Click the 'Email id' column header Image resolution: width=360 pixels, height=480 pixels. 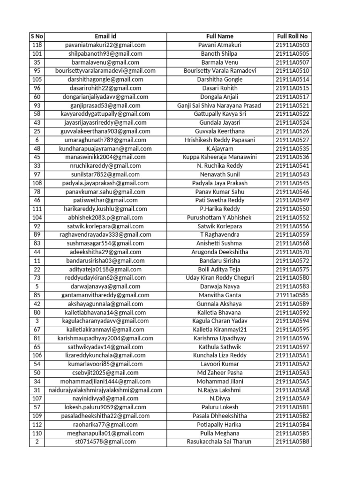pyautogui.click(x=105, y=37)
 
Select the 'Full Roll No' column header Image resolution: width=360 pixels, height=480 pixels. pyautogui.click(x=292, y=37)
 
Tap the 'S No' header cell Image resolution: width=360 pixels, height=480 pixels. pyautogui.click(x=37, y=37)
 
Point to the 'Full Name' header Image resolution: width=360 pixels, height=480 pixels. pyautogui.click(x=219, y=37)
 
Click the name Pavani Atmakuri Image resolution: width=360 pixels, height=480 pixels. pyautogui.click(x=219, y=45)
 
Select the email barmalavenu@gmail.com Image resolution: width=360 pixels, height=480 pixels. pyautogui.click(x=105, y=62)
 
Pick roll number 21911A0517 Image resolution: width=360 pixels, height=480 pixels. pyautogui.click(x=292, y=97)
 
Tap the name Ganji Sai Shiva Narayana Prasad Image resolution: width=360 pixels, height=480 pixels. pyautogui.click(x=219, y=105)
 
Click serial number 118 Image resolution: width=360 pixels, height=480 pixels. pyautogui.click(x=37, y=45)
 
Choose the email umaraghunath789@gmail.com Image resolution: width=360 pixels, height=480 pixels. pyautogui.click(x=105, y=140)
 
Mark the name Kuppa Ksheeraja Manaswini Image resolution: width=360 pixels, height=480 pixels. pyautogui.click(x=219, y=157)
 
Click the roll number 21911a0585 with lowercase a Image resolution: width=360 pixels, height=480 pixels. pyautogui.click(x=292, y=295)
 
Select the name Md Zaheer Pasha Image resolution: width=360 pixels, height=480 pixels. pyautogui.click(x=219, y=373)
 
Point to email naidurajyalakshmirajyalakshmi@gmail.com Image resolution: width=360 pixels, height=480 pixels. pyautogui.click(x=105, y=390)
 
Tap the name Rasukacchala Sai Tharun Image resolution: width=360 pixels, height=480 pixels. pyautogui.click(x=219, y=442)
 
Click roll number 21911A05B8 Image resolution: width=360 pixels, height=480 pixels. pyautogui.click(x=292, y=442)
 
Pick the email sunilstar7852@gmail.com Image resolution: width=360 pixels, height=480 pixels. pyautogui.click(x=105, y=174)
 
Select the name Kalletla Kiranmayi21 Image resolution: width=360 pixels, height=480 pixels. pyautogui.click(x=219, y=330)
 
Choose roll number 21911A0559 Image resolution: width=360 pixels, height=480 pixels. pyautogui.click(x=292, y=235)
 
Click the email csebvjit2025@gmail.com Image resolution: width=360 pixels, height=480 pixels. pyautogui.click(x=105, y=373)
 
